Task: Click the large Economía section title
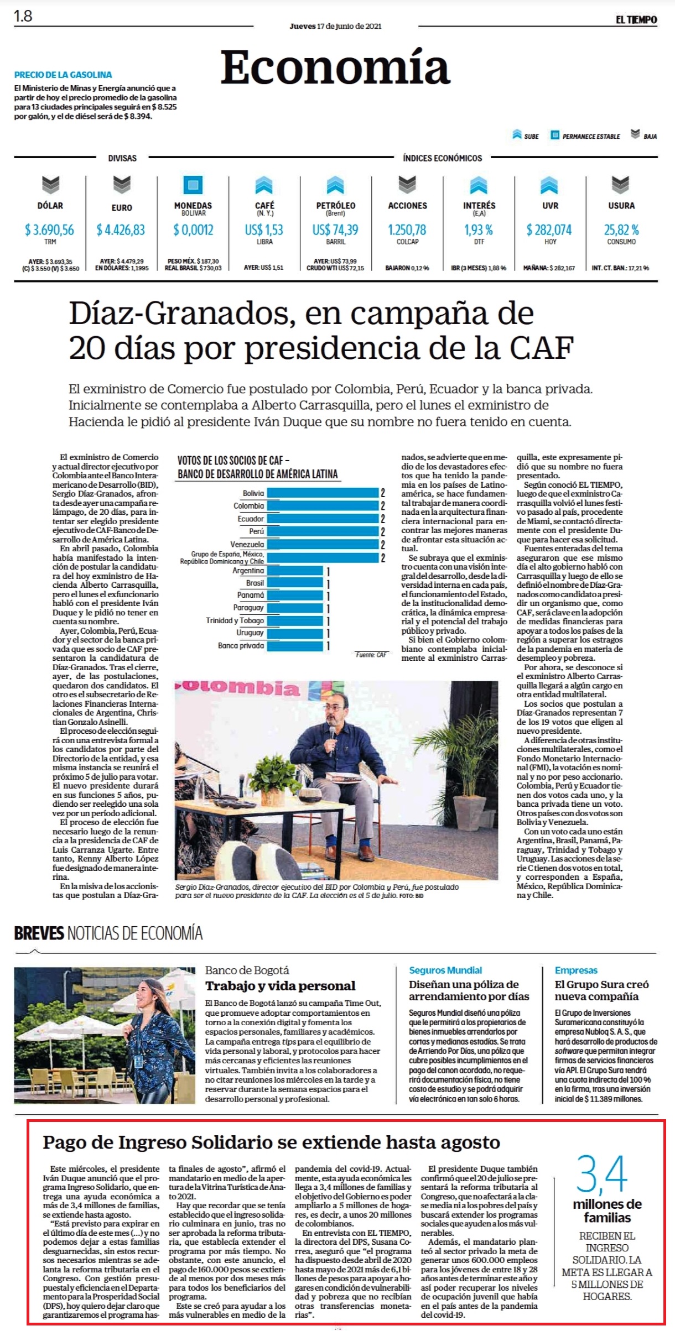pos(335,67)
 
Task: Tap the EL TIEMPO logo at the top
pos(636,20)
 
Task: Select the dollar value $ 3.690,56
pos(50,229)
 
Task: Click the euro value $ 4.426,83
pos(121,229)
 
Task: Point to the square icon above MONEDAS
pos(193,185)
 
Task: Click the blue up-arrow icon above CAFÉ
pos(264,185)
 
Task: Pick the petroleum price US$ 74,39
pos(335,229)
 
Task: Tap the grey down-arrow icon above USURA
pos(621,185)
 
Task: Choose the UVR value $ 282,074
pos(550,229)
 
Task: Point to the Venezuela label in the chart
pos(247,544)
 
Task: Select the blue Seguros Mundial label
pos(445,970)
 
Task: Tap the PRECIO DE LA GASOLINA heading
pos(63,75)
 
